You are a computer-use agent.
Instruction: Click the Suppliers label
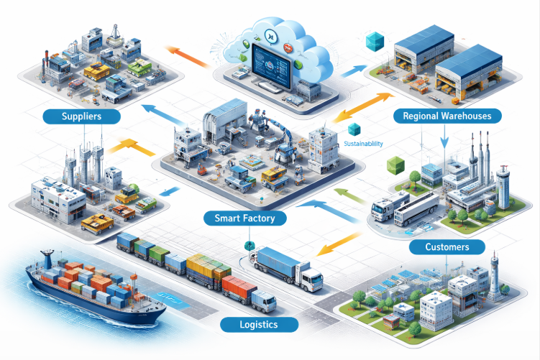[x=82, y=116]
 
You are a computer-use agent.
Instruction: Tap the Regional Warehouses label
[x=447, y=116]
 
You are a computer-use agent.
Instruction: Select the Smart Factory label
[x=245, y=218]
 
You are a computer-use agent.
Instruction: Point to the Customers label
[x=447, y=246]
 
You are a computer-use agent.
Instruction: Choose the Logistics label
[x=259, y=325]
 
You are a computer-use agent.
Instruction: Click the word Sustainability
[x=363, y=144]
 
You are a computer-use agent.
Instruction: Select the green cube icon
[x=395, y=165]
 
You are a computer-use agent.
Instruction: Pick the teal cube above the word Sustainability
[x=354, y=129]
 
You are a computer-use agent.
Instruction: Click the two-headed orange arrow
[x=364, y=107]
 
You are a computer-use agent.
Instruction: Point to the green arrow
[x=349, y=196]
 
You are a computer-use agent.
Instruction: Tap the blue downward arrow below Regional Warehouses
[x=444, y=137]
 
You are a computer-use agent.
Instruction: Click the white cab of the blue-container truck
[x=311, y=277]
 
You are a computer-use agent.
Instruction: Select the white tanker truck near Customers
[x=416, y=208]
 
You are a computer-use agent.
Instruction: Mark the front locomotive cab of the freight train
[x=264, y=301]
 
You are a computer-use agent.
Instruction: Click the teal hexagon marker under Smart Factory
[x=249, y=246]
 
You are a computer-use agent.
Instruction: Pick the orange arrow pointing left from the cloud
[x=187, y=56]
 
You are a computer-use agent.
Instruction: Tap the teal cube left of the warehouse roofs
[x=375, y=41]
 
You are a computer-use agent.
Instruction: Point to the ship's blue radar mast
[x=47, y=259]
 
